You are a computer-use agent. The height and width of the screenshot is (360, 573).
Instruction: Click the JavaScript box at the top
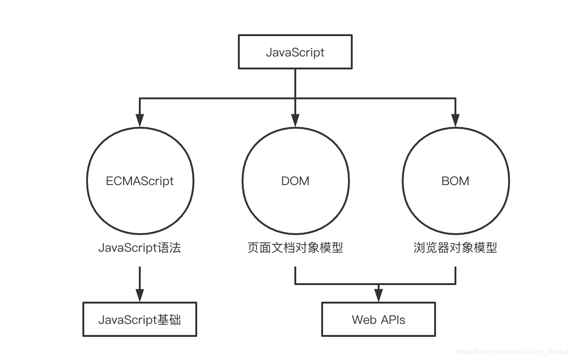295,52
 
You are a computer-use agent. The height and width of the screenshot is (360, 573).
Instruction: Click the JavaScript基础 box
140,319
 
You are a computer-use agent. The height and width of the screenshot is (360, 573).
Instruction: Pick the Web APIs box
378,319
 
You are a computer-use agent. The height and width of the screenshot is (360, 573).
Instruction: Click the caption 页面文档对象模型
295,248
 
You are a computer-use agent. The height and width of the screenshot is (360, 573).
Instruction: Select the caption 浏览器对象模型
455,248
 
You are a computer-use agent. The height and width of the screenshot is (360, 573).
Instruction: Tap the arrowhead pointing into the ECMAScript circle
140,121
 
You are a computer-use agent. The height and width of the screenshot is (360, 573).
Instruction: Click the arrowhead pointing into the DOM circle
295,121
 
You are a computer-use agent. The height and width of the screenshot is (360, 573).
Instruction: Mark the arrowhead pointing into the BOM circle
455,121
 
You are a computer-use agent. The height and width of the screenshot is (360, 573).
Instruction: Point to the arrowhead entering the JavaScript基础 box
140,296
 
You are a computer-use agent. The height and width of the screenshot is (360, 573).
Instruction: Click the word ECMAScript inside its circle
140,181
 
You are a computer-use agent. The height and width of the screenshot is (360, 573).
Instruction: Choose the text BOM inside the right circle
455,181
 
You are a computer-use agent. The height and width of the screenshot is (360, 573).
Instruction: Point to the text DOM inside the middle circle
295,181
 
